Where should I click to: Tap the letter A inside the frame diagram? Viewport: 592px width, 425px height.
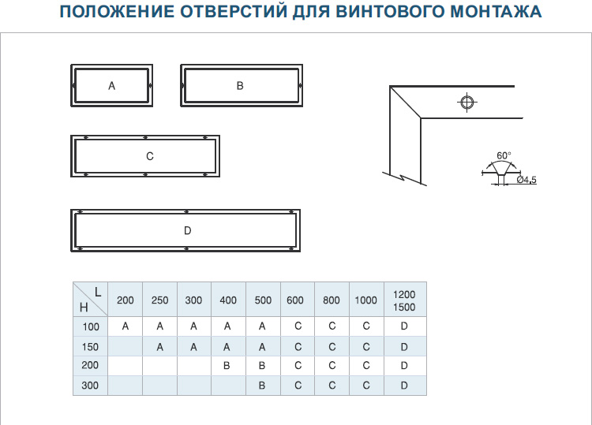click(112, 86)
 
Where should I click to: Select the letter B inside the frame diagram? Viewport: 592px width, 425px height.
click(240, 86)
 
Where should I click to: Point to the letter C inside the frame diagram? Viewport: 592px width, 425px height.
click(150, 156)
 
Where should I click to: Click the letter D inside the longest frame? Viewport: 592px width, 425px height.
click(188, 230)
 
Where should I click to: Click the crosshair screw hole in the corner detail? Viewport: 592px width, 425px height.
click(467, 103)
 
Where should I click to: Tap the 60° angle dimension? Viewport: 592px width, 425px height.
click(504, 155)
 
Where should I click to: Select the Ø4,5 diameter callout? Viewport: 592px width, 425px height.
click(526, 180)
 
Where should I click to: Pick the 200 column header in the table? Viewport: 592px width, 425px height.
click(126, 300)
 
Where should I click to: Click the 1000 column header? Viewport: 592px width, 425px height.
click(365, 300)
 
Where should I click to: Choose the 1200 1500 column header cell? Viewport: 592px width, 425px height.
click(404, 300)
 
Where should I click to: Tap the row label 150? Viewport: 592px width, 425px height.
click(90, 347)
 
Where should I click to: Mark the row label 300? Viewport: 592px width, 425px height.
click(90, 386)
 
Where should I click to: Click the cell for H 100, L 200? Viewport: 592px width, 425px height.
click(126, 326)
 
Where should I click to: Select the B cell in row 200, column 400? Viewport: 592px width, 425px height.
click(227, 365)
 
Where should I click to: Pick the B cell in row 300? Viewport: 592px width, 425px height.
click(262, 386)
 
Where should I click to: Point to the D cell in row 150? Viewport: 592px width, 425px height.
click(404, 347)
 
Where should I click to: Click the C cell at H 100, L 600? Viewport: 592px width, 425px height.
click(298, 326)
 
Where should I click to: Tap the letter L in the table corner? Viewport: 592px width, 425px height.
click(98, 293)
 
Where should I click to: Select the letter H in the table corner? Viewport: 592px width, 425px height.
click(84, 308)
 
